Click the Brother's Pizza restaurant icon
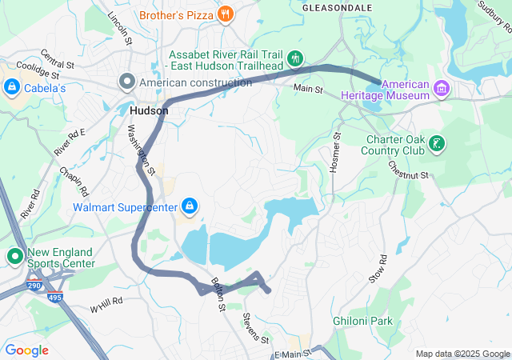(x=226, y=14)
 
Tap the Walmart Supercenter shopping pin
(x=188, y=206)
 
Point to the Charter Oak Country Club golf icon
(x=436, y=144)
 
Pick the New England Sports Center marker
(x=14, y=257)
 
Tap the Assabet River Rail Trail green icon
(x=295, y=58)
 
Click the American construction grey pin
(x=127, y=82)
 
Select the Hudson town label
(x=149, y=111)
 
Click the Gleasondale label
(x=337, y=7)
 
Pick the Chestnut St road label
(x=408, y=169)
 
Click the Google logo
(x=26, y=350)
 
